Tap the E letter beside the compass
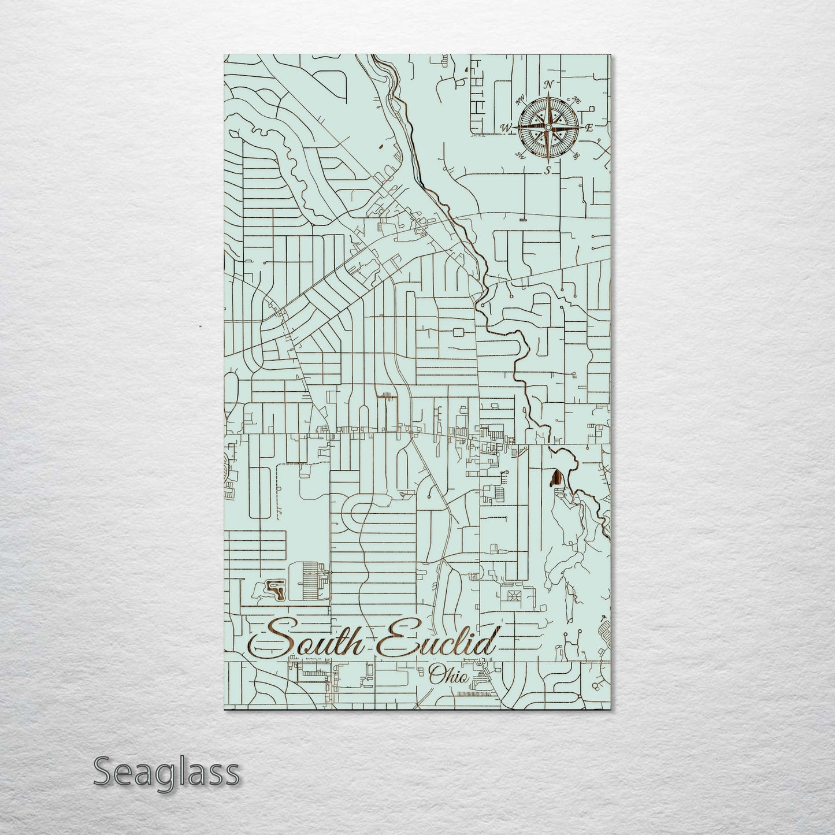(589, 128)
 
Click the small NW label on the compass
(519, 103)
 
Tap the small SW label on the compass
(520, 154)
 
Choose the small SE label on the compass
(576, 155)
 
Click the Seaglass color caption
(166, 772)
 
